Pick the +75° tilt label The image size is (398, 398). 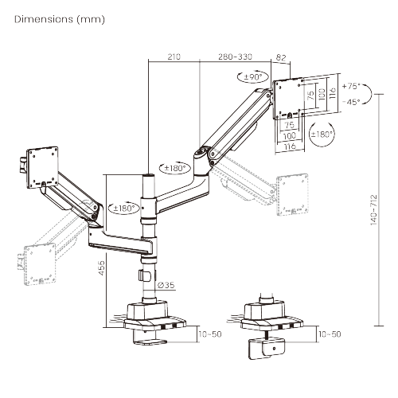tap(350, 85)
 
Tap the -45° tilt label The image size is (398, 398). tap(350, 101)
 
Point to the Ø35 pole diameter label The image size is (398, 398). tap(166, 284)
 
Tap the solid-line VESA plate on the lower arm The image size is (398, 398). tap(45, 162)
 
